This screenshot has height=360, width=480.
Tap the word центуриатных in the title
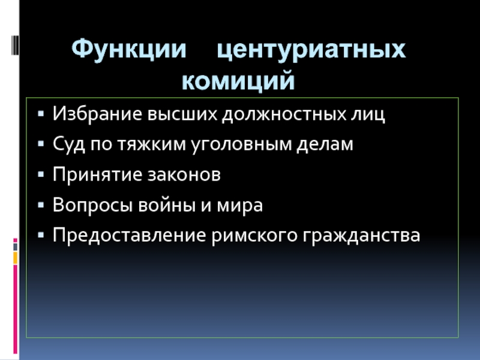311,50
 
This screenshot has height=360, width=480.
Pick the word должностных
286,114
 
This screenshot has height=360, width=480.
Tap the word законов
184,175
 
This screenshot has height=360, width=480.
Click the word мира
241,206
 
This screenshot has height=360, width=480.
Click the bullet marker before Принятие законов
40,175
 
